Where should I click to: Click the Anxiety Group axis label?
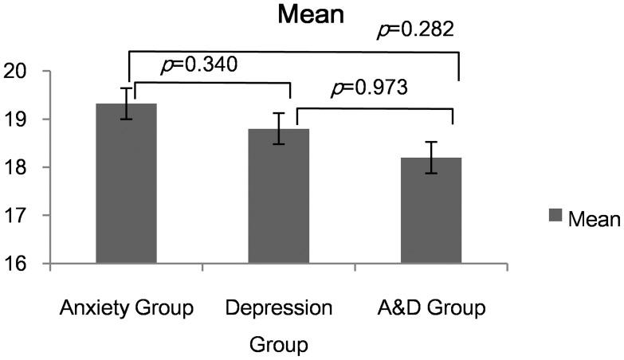[126, 308]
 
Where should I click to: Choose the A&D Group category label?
[431, 308]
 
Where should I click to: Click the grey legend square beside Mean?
[556, 215]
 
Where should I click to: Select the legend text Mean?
[594, 217]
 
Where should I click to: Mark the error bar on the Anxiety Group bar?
[126, 104]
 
